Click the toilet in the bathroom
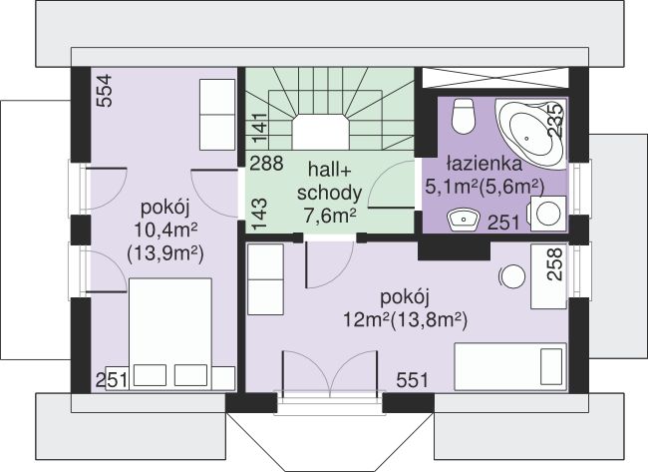(463, 116)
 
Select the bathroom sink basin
(463, 220)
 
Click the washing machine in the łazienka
(548, 214)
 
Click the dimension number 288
(266, 164)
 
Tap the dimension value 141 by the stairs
(260, 129)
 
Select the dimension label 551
(412, 380)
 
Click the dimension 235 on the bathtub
(554, 120)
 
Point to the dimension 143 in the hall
(260, 215)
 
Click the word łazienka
(484, 164)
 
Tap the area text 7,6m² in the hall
(329, 216)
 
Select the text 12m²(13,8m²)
(405, 319)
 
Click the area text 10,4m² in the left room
(165, 229)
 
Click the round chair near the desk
(512, 276)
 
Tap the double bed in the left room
(170, 334)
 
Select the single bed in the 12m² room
(510, 366)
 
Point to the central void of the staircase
(321, 133)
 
